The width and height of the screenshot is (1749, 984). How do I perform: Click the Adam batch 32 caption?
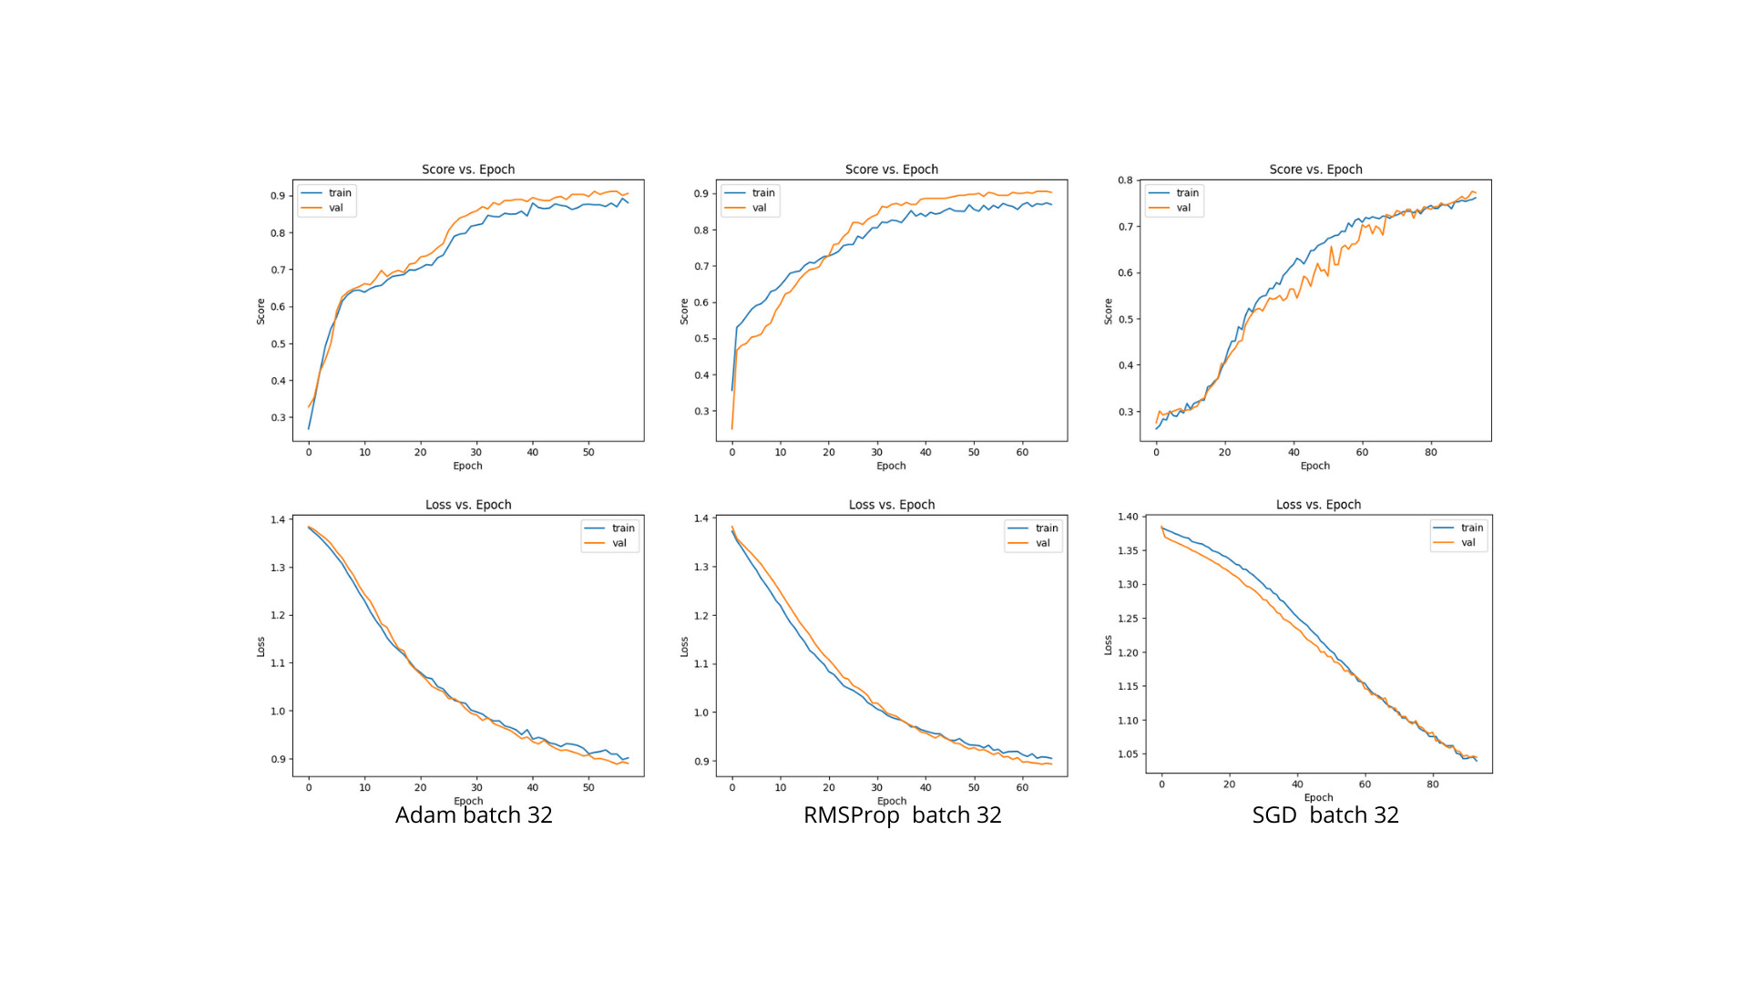474,815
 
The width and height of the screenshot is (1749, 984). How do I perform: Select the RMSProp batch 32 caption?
902,815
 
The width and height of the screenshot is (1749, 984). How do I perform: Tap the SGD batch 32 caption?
1325,815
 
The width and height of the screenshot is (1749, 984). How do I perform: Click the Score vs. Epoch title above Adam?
468,169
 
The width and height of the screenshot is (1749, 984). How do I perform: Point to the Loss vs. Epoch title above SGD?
1318,505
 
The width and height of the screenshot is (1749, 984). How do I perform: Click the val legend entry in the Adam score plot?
335,208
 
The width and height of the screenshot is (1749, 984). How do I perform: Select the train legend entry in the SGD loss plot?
1471,528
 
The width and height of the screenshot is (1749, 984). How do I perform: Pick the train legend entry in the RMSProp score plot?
762,193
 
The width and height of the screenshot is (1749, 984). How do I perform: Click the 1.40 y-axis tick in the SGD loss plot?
1128,517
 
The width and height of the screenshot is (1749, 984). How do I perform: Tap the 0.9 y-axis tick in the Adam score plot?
278,196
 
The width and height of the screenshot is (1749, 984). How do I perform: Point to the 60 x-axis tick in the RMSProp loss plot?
1022,787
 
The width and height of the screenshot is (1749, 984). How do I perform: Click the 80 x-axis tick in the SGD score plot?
1430,452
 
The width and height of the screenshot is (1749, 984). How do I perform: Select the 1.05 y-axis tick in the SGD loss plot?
1128,754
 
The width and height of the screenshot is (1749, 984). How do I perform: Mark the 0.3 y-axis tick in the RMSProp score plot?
701,412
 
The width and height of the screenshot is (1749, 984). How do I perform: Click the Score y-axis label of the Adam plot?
261,312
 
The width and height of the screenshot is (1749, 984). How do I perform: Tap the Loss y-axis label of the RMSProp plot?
684,647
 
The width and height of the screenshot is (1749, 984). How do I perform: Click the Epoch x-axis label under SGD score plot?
1314,466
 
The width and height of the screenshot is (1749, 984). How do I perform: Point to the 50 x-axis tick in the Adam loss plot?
588,787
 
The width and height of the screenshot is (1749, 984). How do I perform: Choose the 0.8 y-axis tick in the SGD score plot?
1125,180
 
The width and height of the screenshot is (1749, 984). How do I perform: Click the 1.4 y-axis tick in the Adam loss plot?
278,520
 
